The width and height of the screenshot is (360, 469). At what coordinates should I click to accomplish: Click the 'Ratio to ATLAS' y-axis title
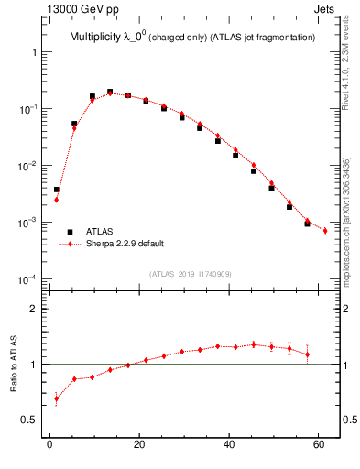pyautogui.click(x=16, y=365)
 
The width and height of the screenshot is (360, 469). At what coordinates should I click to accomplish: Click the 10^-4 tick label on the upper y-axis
pyautogui.click(x=28, y=279)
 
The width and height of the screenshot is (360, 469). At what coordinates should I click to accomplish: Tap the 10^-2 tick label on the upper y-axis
pyautogui.click(x=28, y=166)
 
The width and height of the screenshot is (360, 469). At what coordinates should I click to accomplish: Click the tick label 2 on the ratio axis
pyautogui.click(x=33, y=309)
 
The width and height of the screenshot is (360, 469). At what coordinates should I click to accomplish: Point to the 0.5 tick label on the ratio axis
pyautogui.click(x=29, y=420)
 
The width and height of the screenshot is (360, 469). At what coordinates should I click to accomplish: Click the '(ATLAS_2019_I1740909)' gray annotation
pyautogui.click(x=191, y=274)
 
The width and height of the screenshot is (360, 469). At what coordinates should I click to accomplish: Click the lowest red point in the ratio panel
pyautogui.click(x=57, y=398)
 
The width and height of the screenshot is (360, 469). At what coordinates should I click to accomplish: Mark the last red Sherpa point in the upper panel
pyautogui.click(x=325, y=231)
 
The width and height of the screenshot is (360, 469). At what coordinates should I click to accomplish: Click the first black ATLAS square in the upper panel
pyautogui.click(x=57, y=190)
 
